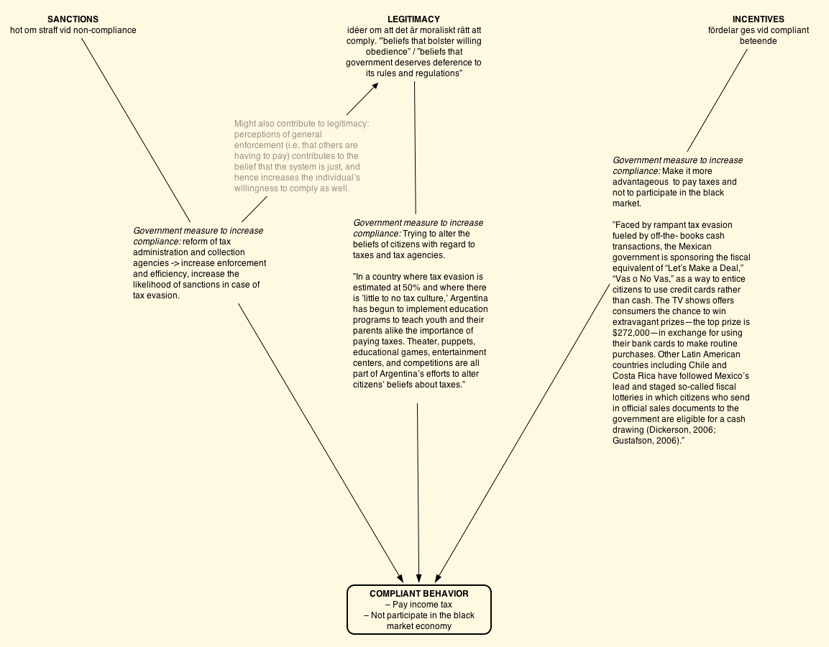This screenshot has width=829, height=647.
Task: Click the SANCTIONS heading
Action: point(73,19)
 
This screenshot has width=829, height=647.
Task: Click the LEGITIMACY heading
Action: point(413,19)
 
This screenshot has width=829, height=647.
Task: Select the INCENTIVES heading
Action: point(758,19)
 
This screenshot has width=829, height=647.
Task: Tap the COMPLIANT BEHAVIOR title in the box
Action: point(418,594)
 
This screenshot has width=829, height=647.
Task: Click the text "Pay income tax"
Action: point(423,605)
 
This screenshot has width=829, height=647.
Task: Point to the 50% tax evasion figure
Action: point(415,288)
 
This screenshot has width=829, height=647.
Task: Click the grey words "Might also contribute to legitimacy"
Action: point(301,124)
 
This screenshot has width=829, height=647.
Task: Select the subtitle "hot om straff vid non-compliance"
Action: point(73,30)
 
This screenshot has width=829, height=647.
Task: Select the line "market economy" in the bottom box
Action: point(419,626)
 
